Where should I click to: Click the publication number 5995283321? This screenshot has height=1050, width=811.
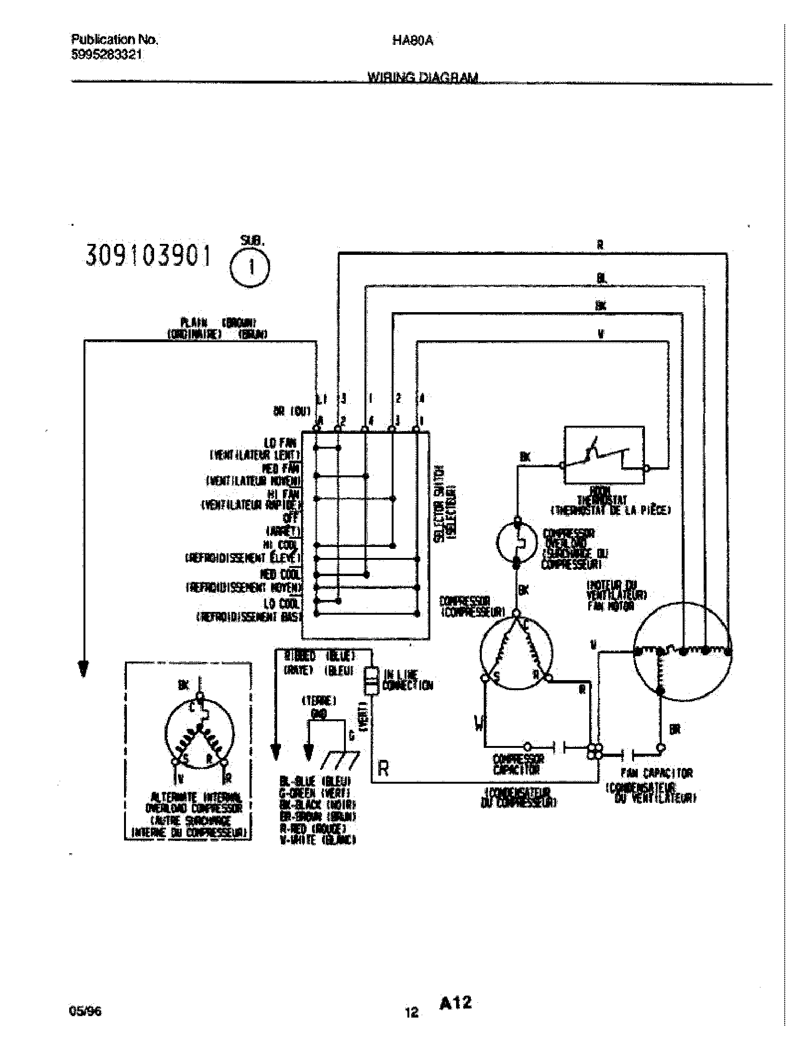(x=106, y=55)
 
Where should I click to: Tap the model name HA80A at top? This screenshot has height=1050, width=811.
(x=413, y=41)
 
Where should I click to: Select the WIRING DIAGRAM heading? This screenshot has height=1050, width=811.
(x=423, y=77)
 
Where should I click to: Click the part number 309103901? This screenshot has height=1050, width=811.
(x=148, y=256)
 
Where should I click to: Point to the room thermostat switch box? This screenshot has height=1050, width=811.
(x=604, y=454)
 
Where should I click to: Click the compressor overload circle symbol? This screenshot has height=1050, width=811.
(x=517, y=542)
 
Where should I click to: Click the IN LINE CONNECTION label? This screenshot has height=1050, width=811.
(x=407, y=680)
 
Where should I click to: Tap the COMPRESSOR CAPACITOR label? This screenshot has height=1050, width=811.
(x=519, y=765)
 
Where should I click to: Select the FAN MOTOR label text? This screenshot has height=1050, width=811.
(x=610, y=606)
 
